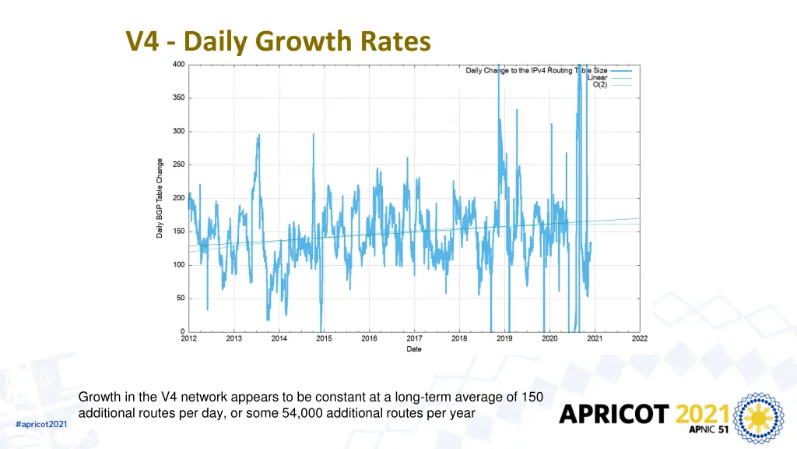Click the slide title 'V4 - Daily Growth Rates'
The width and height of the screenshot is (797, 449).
278,41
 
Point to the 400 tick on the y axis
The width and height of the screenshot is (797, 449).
178,65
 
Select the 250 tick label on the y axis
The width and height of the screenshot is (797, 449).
178,164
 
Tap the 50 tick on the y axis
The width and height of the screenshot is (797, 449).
180,298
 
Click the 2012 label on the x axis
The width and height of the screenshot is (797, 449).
188,339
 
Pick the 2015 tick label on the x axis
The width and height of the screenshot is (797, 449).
324,339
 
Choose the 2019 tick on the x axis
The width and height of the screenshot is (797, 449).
504,339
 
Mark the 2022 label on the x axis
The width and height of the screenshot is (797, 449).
640,339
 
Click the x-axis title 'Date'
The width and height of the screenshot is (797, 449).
414,349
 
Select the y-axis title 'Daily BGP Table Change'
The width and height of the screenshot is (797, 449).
160,198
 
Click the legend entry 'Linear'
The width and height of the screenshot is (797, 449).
597,77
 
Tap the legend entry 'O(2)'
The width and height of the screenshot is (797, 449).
600,84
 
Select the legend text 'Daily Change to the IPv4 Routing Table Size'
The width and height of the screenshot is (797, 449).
536,71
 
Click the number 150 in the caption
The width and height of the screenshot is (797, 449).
532,398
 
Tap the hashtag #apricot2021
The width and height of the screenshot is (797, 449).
41,423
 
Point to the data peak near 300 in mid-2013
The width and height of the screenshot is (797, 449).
258,136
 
